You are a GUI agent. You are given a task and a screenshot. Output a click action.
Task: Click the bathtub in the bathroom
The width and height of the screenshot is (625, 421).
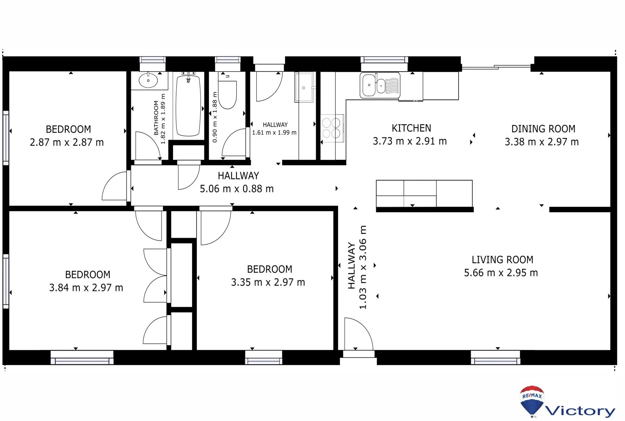pos(188,106)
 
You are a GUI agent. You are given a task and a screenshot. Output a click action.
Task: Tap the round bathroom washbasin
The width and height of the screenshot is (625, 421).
pos(148,81)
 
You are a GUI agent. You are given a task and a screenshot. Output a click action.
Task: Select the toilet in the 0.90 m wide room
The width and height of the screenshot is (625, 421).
pos(227,94)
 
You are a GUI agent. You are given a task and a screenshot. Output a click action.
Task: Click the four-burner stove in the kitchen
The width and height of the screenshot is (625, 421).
pos(332,128)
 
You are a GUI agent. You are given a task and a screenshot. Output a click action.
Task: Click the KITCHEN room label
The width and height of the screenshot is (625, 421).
pos(411,128)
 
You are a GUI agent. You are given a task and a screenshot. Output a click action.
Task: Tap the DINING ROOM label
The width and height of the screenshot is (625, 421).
pos(543,129)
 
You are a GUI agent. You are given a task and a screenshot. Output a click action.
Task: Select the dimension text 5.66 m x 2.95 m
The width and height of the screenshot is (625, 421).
pos(501,273)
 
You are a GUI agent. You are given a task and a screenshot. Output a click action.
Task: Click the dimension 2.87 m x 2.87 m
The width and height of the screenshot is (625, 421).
pos(67,142)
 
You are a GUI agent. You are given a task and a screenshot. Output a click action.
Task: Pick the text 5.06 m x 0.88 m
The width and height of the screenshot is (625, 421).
pos(237,189)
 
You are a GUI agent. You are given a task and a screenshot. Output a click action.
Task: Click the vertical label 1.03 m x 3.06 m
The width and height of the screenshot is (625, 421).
pos(363,267)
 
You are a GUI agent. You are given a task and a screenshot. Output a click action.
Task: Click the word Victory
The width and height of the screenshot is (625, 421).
pos(580,411)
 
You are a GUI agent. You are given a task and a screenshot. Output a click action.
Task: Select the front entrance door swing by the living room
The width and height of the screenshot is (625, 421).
pos(357,334)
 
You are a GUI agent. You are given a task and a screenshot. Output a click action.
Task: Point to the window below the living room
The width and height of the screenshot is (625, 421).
pos(495,357)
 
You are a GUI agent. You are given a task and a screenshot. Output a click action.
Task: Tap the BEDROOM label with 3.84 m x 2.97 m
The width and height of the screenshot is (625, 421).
pos(87,275)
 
